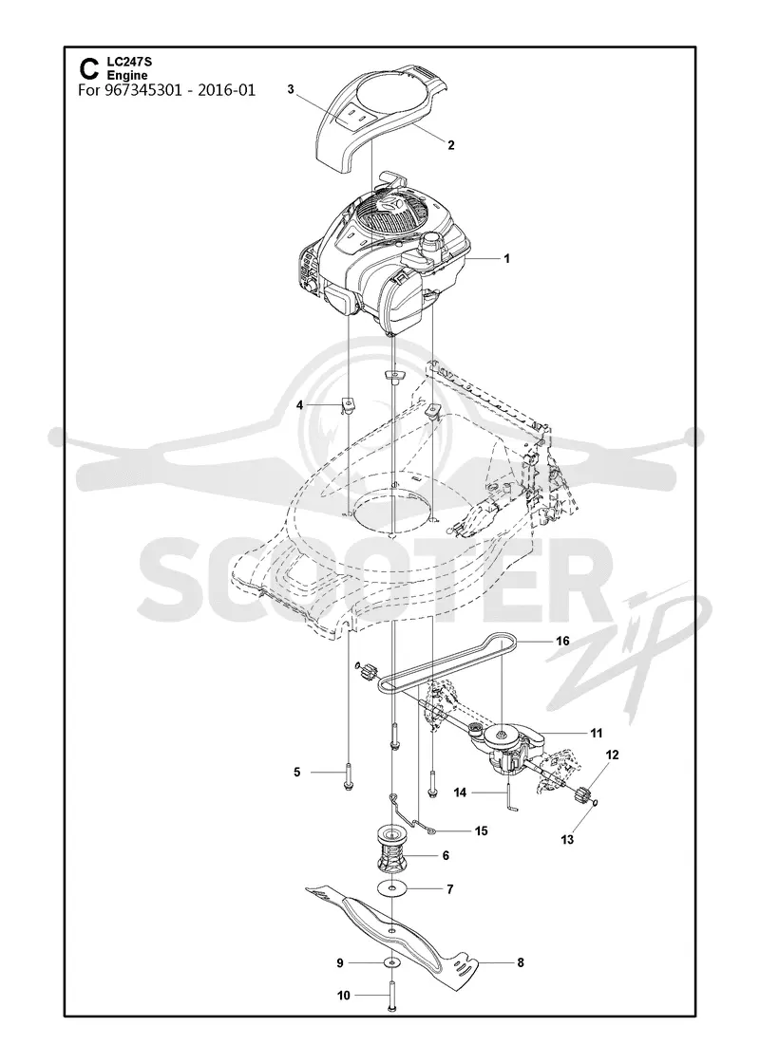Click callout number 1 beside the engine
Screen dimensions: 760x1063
(x=505, y=258)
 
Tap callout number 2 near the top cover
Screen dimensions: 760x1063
(x=451, y=145)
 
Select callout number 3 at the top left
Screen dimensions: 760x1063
(x=291, y=89)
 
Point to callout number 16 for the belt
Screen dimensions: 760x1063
(x=562, y=642)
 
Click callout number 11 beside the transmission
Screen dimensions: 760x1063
(x=597, y=733)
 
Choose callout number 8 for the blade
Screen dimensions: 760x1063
(x=521, y=962)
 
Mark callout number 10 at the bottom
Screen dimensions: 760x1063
(x=344, y=996)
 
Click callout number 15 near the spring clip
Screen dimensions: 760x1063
(x=481, y=831)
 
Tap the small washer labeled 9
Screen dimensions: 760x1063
(x=391, y=962)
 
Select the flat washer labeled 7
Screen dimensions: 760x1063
(x=393, y=887)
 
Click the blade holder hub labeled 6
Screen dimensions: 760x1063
(x=393, y=854)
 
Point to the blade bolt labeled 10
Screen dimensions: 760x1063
(x=392, y=994)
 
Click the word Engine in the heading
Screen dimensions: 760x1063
(x=127, y=75)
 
